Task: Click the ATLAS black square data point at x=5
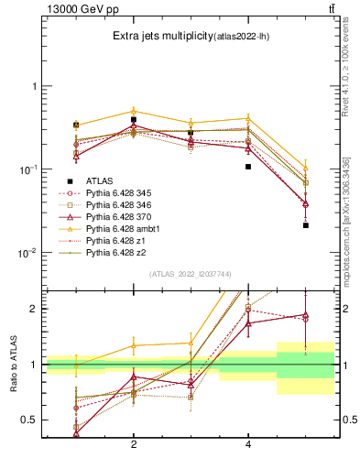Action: [x=306, y=225]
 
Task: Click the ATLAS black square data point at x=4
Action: [x=248, y=167]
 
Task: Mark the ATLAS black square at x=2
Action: [x=134, y=119]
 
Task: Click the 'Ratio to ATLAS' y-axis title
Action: [x=12, y=365]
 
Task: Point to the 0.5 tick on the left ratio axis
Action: [x=29, y=420]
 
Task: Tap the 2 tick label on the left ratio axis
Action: [x=33, y=309]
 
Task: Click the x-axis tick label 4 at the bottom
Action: [x=248, y=445]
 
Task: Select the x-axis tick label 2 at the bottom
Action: [x=134, y=445]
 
